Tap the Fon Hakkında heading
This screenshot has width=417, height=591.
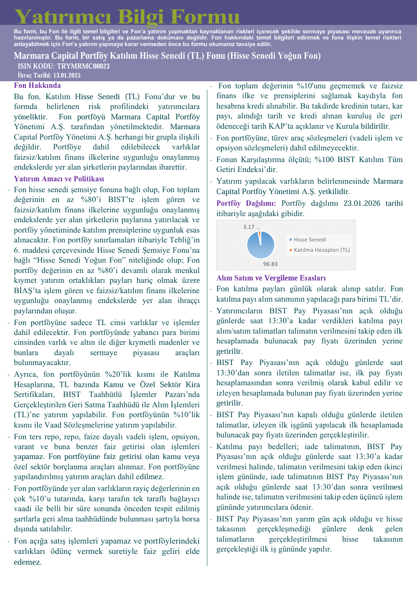coord(37,86)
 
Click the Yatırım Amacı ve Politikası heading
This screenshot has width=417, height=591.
coord(59,179)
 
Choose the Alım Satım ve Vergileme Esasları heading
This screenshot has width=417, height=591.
coord(271,278)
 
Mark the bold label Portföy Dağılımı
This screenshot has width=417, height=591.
coord(246,203)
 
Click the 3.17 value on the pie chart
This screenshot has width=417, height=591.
coord(248,227)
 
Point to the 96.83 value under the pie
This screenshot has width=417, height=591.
coord(270,264)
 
